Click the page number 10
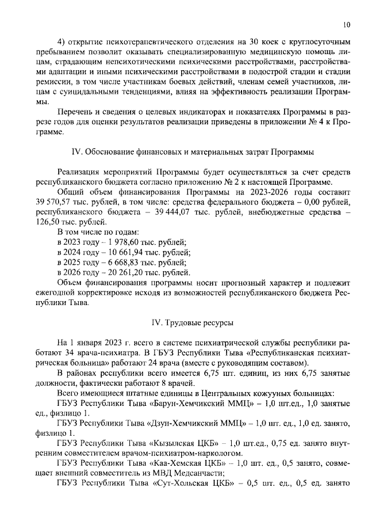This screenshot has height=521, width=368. pos(346,24)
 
